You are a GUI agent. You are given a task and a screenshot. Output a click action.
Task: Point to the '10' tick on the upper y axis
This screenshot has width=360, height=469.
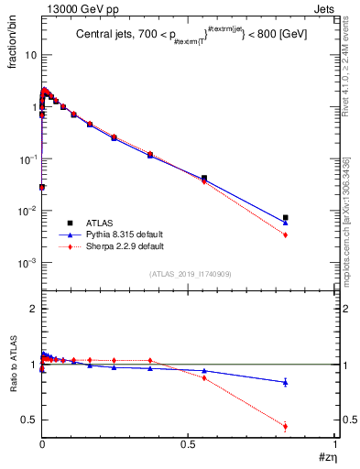(30, 55)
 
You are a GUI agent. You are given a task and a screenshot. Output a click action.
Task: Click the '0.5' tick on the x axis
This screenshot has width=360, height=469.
(188, 445)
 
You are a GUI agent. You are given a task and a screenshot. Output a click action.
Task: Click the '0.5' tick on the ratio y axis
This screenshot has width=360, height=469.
(29, 420)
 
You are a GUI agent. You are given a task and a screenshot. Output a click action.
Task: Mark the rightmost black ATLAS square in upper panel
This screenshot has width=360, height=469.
(286, 218)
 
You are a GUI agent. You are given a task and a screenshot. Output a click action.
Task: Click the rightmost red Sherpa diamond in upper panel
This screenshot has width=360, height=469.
(286, 235)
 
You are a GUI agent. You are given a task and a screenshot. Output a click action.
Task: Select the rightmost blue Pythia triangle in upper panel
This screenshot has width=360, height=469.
(286, 223)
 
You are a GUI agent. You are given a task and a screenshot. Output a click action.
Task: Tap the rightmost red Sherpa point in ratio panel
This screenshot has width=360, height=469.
(286, 426)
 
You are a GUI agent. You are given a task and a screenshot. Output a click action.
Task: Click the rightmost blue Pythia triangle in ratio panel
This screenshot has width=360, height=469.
(286, 382)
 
